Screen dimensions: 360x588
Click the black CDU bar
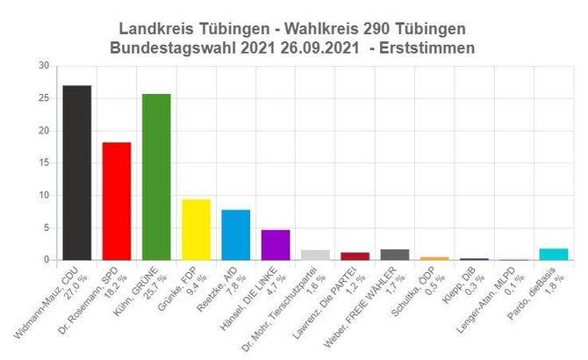pyautogui.click(x=77, y=172)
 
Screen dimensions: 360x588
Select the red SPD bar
pyautogui.click(x=117, y=201)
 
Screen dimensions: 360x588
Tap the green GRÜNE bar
pyautogui.click(x=156, y=176)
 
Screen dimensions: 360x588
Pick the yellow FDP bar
pyautogui.click(x=196, y=229)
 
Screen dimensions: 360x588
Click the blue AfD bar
pyautogui.click(x=235, y=234)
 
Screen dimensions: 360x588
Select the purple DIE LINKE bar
pyautogui.click(x=276, y=245)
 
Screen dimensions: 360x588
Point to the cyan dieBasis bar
pyautogui.click(x=554, y=255)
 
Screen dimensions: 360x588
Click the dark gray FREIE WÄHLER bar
pyautogui.click(x=395, y=255)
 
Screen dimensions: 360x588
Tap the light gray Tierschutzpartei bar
pyautogui.click(x=315, y=255)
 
